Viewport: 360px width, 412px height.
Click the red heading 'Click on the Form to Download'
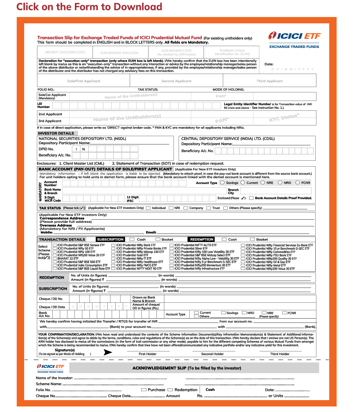click(x=89, y=7)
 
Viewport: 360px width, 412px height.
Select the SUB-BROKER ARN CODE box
click(x=119, y=53)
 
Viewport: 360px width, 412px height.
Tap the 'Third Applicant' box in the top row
click(x=269, y=81)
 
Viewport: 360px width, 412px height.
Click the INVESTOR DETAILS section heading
click(x=56, y=133)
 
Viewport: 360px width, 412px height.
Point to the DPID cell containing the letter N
click(x=84, y=149)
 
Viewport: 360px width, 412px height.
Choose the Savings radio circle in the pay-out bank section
click(x=222, y=183)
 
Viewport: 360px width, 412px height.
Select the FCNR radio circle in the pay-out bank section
click(x=297, y=183)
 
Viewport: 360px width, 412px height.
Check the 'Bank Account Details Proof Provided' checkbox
click(x=251, y=198)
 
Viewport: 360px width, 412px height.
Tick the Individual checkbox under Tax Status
click(x=148, y=208)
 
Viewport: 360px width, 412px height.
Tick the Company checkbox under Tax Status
click(x=185, y=208)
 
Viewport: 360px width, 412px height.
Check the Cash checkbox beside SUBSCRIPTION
click(x=131, y=239)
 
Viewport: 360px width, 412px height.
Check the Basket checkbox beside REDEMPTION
click(x=252, y=239)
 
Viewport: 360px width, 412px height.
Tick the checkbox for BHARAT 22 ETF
click(x=55, y=258)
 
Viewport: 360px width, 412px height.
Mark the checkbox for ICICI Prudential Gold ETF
click(x=113, y=255)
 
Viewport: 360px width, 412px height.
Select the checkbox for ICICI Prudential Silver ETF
click(x=171, y=249)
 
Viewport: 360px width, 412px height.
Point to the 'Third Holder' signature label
click(x=280, y=354)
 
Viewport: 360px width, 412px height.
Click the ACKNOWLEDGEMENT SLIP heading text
click(x=194, y=368)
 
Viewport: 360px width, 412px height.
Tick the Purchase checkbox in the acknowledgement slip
click(x=144, y=390)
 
